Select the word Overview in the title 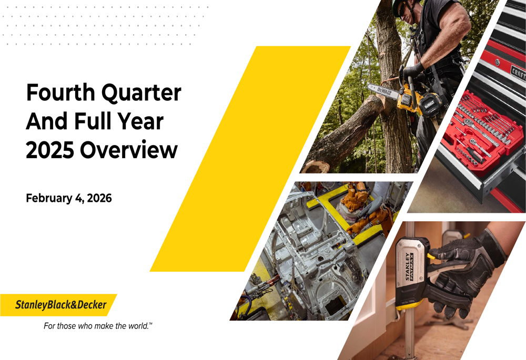click(129, 150)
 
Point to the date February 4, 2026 click(69, 198)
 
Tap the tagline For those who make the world click(98, 326)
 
